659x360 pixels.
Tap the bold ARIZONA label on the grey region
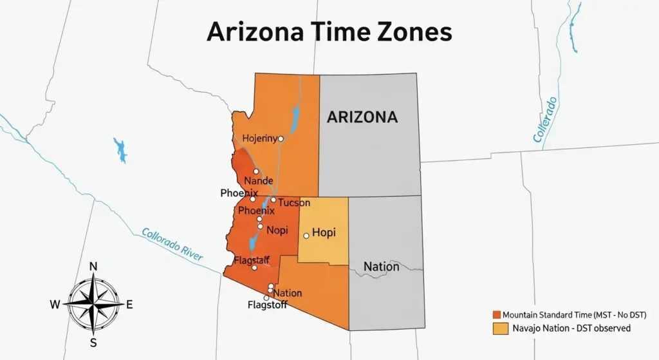[x=362, y=117]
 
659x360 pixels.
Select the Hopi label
[x=324, y=232]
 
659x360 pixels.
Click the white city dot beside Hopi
[x=306, y=236]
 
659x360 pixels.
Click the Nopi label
[x=277, y=230]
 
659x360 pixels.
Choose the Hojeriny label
[x=259, y=138]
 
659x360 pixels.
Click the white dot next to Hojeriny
[x=281, y=138]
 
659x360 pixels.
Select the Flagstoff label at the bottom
[x=267, y=305]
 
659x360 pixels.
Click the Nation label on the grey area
[x=381, y=267]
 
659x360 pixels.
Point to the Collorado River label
[x=172, y=245]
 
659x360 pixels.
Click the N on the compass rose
[x=93, y=267]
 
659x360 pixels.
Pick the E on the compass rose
[x=129, y=305]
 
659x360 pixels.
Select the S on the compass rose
[x=93, y=342]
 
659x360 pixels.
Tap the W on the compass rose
[x=55, y=305]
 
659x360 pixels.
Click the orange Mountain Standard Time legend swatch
[x=496, y=314]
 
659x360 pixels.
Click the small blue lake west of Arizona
[x=120, y=149]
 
